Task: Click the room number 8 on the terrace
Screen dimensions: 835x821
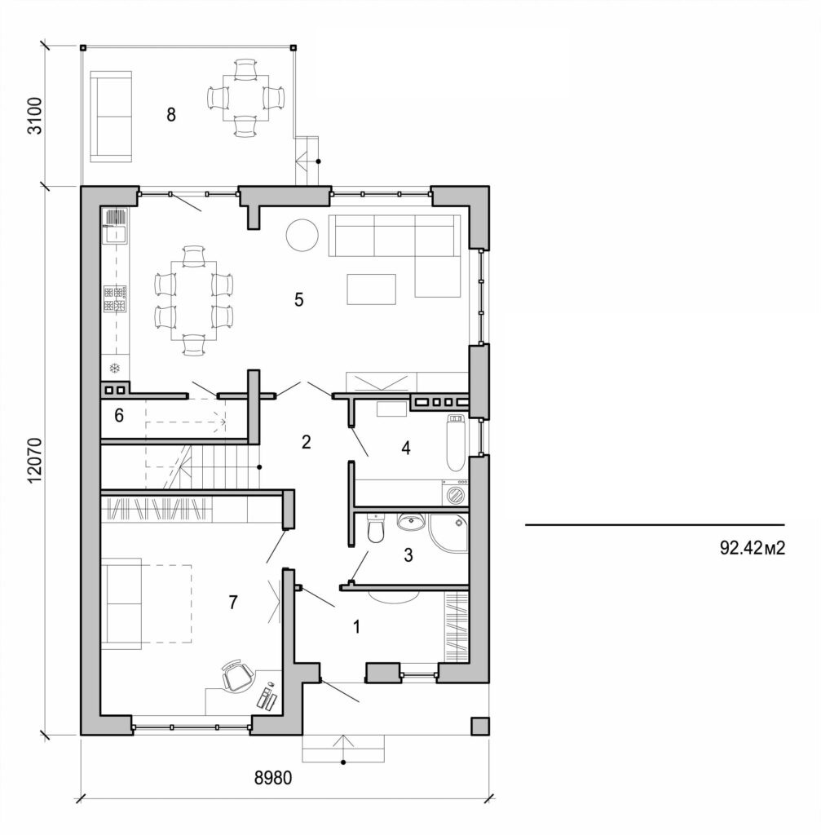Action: pos(170,114)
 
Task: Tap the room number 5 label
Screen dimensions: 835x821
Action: pos(299,300)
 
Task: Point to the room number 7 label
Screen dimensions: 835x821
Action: pos(233,603)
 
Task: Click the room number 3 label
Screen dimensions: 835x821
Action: pos(408,555)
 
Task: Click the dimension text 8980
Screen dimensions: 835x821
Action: pos(272,778)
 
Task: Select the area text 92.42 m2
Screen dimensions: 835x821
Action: pos(752,548)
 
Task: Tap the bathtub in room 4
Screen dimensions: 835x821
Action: pos(456,444)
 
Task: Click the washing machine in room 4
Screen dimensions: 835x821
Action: pos(455,493)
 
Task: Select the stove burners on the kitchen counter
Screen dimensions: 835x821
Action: pos(115,298)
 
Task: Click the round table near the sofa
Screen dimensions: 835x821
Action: pos(302,236)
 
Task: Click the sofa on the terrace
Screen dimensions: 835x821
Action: pos(110,116)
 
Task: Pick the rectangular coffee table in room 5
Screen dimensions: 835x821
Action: pos(371,289)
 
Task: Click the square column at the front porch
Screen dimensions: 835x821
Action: pos(479,727)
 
